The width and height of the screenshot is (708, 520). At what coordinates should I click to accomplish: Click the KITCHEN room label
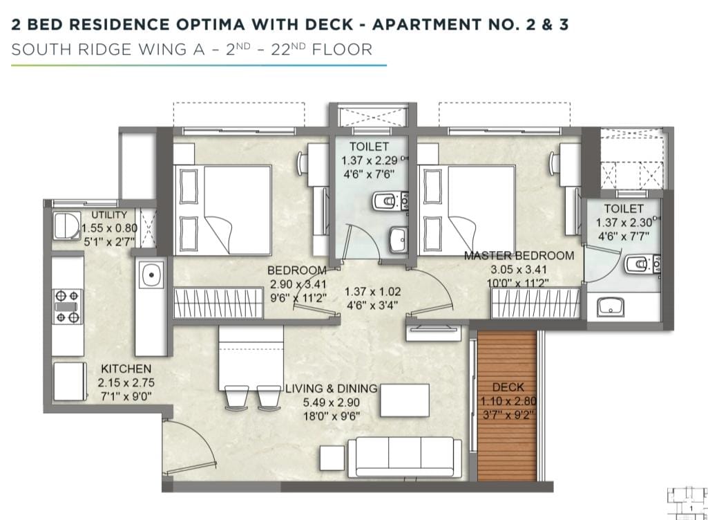click(x=126, y=369)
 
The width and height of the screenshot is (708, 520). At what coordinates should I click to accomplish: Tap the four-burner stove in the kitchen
click(x=68, y=306)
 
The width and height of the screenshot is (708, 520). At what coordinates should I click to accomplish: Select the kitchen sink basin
click(x=151, y=275)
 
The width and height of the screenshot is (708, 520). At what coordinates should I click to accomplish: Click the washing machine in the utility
click(x=67, y=225)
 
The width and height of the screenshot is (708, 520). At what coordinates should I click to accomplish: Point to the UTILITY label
click(x=109, y=215)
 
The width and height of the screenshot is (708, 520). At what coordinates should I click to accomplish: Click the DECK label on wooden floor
click(x=508, y=387)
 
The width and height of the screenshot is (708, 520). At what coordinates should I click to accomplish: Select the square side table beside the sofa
click(x=332, y=458)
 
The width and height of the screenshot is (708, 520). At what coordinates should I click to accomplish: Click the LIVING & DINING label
click(x=332, y=389)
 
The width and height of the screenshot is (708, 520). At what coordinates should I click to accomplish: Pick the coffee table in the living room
click(x=405, y=400)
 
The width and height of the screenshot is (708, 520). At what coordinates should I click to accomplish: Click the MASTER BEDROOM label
click(x=519, y=255)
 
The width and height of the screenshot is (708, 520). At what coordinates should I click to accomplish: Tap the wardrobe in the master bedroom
click(x=535, y=303)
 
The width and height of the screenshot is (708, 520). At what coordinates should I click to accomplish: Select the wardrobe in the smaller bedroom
click(x=218, y=302)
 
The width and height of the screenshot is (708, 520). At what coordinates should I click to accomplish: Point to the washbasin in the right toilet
click(x=610, y=307)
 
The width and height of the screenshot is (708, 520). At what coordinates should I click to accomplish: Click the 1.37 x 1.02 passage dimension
click(x=372, y=292)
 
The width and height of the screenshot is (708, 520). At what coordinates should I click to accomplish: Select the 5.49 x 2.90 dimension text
click(x=332, y=402)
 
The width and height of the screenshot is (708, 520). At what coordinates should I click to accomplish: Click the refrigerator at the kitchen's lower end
click(x=70, y=382)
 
